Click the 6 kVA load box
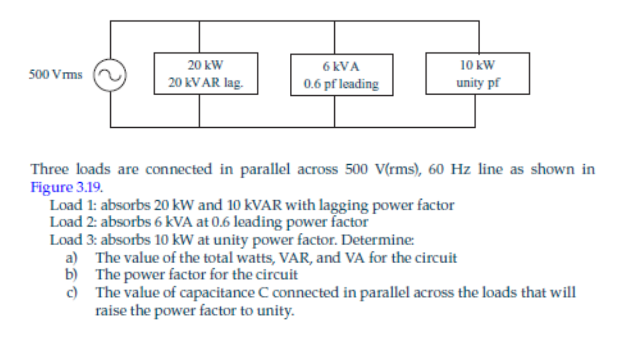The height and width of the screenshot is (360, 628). tap(341, 75)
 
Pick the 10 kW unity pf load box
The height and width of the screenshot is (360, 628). tap(477, 73)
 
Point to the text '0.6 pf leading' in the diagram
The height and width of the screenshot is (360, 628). tap(341, 84)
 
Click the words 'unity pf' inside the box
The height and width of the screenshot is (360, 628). tap(477, 83)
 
